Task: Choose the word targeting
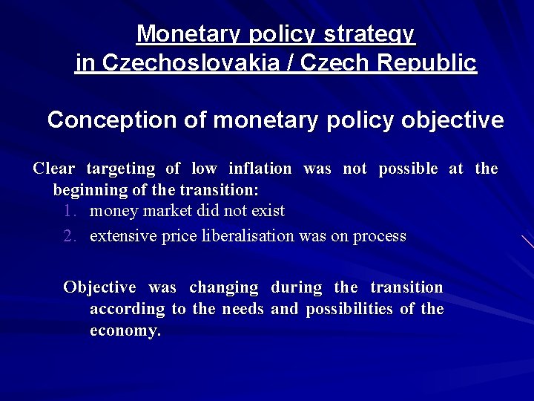[x=120, y=169]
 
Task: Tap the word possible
[x=409, y=169]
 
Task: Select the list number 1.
[x=70, y=211]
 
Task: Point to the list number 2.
[x=70, y=236]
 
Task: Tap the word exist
[x=268, y=211]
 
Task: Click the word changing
[x=223, y=287]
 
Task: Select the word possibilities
[x=349, y=308]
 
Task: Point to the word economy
[x=125, y=330]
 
